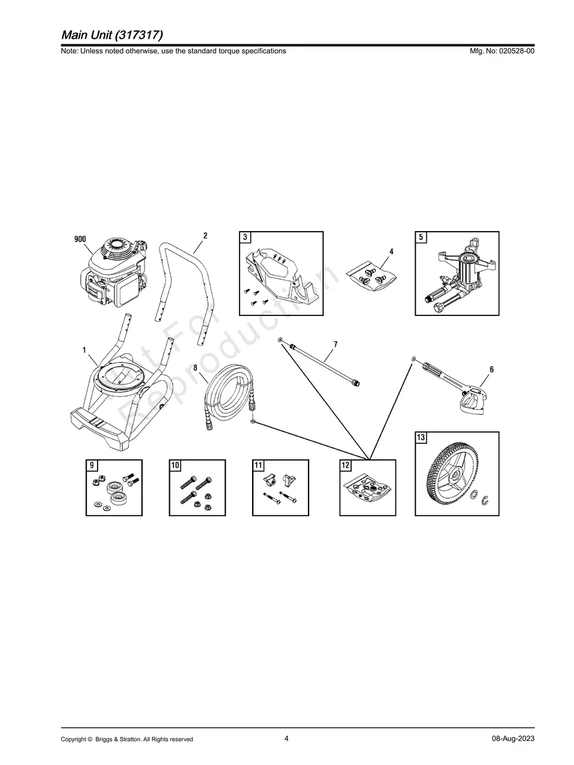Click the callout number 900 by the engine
click(80, 239)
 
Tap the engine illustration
click(113, 273)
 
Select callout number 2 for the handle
click(205, 236)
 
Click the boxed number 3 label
click(245, 237)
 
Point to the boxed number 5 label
click(421, 237)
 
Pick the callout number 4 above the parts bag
click(392, 251)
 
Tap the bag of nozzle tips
click(371, 276)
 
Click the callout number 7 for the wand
click(335, 345)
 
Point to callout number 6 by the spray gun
click(492, 369)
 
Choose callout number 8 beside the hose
click(195, 368)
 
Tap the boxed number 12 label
click(345, 465)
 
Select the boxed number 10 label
click(175, 465)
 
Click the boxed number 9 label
click(92, 465)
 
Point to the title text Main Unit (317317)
click(112, 35)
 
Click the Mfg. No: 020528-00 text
click(502, 51)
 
